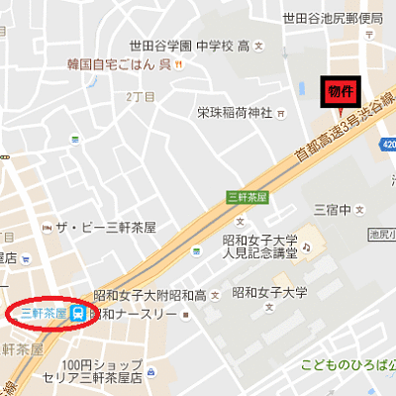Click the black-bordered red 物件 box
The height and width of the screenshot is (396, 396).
[x=340, y=90]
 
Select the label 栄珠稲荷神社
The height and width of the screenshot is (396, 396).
[x=234, y=111]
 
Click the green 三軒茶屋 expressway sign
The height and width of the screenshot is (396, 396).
[x=247, y=195]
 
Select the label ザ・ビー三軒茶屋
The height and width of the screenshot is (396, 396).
[x=106, y=228]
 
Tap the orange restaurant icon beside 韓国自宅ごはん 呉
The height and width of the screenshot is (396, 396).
[x=178, y=65]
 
